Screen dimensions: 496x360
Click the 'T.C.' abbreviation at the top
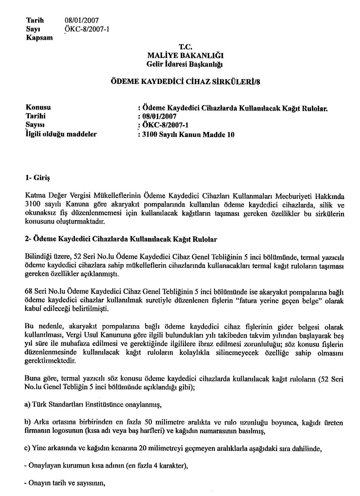(x=186, y=47)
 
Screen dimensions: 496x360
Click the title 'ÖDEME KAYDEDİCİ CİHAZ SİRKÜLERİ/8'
(x=186, y=82)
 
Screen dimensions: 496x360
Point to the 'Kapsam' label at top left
(x=39, y=37)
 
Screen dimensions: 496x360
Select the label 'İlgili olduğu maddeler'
(x=61, y=134)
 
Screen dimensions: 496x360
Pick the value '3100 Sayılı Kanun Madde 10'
(x=186, y=135)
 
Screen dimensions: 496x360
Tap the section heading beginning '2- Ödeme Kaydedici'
(x=121, y=240)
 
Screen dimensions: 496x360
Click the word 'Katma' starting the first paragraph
(x=33, y=196)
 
